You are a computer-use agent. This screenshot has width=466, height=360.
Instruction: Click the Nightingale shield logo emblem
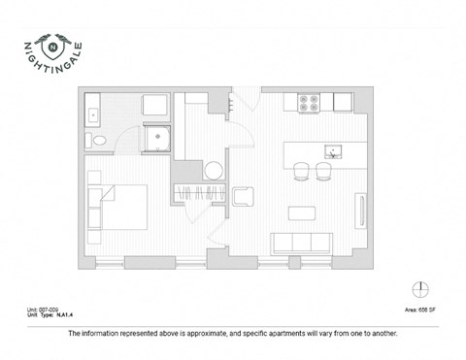[46, 43]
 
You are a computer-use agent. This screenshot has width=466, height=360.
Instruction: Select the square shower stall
[154, 142]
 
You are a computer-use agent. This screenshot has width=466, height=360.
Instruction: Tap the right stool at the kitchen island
[324, 171]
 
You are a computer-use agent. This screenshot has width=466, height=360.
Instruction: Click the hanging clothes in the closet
[191, 192]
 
